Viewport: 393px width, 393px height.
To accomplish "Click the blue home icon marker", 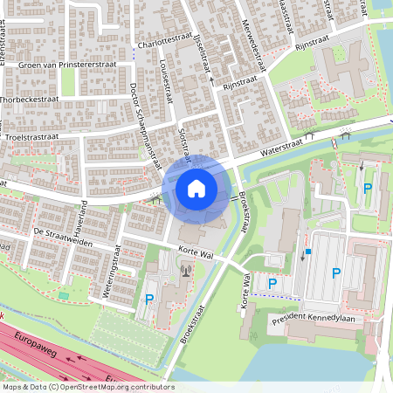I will (x=196, y=189).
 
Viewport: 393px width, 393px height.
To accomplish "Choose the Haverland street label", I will (x=84, y=213).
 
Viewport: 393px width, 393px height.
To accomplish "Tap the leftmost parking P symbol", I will (x=148, y=299).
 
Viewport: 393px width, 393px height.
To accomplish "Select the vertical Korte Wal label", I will (x=245, y=292).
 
